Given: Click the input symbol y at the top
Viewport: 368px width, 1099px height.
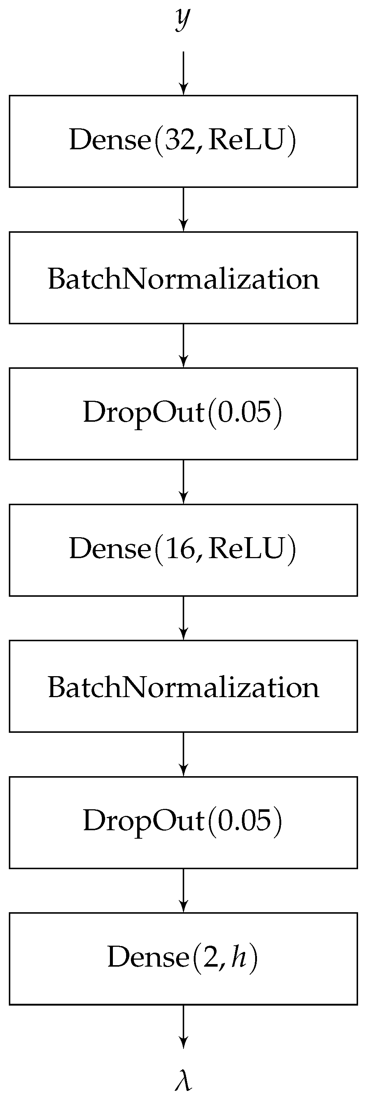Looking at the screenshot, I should (182, 19).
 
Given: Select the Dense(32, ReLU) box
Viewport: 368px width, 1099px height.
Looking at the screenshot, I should (183, 141).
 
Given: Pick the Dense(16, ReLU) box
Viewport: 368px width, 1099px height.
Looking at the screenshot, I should (183, 550).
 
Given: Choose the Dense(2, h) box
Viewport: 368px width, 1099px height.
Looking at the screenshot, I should (183, 959).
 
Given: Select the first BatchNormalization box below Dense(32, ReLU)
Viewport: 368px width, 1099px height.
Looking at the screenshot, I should (183, 278).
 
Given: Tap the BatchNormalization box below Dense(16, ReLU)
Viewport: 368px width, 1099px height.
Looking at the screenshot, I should (183, 686).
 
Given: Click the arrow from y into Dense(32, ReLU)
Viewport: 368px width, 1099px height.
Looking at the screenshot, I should (183, 72).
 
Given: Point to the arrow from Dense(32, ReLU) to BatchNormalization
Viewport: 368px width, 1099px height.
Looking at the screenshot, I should (183, 209).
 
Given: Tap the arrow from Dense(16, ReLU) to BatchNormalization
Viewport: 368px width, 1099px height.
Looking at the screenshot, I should (183, 618).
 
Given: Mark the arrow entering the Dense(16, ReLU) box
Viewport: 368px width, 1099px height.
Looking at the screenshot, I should (183, 482).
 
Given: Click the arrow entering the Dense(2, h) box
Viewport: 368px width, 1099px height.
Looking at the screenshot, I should (183, 891).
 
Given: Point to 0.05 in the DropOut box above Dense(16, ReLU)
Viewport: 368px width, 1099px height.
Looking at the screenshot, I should (244, 413).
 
